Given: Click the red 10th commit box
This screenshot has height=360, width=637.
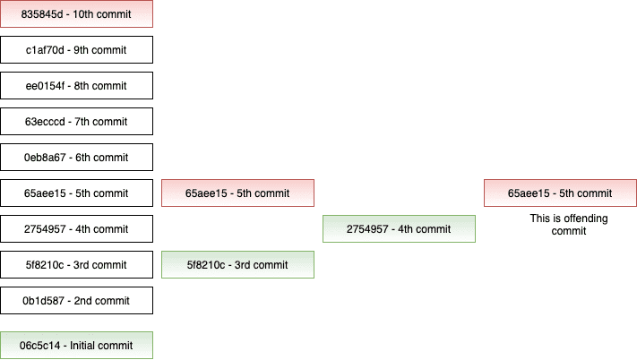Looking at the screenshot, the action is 76,13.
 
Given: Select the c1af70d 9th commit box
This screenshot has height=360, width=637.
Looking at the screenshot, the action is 76,50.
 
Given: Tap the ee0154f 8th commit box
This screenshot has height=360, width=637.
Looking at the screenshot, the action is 76,86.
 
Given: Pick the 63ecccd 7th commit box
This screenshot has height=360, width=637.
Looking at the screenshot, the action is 76,122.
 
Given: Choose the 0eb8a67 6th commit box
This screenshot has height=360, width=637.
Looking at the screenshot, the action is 76,157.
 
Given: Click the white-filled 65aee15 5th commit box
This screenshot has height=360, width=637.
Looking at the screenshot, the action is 76,193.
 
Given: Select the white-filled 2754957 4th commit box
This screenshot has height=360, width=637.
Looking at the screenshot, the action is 76,229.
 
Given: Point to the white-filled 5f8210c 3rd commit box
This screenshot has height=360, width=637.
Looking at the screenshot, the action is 76,264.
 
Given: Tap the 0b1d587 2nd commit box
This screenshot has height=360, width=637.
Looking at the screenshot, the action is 76,301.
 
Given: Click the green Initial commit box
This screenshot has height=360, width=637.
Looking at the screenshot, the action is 76,346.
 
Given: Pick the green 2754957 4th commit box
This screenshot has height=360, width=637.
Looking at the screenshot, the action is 399,229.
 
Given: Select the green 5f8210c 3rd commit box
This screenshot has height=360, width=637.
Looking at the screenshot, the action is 237,264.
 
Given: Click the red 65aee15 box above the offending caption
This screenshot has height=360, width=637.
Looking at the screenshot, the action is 560,193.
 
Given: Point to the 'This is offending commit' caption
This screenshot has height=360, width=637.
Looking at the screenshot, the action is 569,225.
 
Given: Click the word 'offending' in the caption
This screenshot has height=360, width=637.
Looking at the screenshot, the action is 584,219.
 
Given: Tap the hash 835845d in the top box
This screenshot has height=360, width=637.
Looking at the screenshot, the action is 42,14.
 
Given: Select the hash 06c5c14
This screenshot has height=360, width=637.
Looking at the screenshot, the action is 39,346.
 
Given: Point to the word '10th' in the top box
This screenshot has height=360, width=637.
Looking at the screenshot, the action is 83,14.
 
